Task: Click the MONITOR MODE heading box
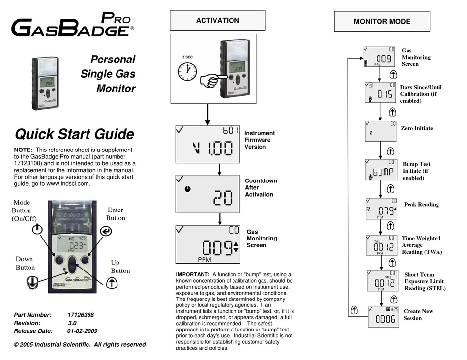coord(381,22)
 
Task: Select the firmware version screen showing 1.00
coord(207,144)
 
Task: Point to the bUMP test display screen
coord(380,170)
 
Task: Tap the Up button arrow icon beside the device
coord(112,282)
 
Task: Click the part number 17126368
coord(81,315)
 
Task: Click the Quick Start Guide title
coord(74,134)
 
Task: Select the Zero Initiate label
coord(416,128)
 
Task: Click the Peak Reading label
coord(421,205)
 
